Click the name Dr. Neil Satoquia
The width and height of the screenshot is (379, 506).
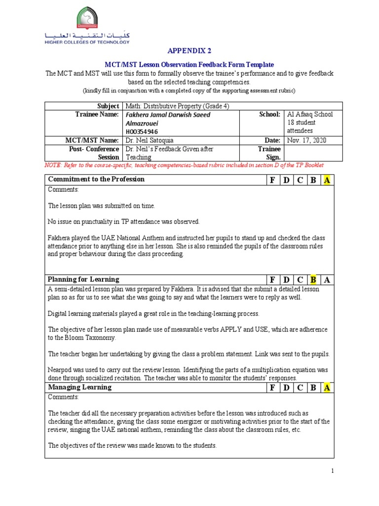click(x=149, y=140)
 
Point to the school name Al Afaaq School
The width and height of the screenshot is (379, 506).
click(x=310, y=114)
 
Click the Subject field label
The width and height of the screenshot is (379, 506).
click(x=109, y=106)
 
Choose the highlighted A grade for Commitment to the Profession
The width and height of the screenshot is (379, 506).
click(x=326, y=180)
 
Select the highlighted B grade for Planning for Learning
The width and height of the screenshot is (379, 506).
click(x=313, y=280)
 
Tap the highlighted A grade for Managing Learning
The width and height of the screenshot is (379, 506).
click(x=326, y=388)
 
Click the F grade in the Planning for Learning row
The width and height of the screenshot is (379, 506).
click(x=271, y=280)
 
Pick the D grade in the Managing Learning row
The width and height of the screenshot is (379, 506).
click(x=286, y=388)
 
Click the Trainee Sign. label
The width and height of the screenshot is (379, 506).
click(x=269, y=153)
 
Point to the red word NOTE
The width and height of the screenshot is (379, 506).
click(x=53, y=165)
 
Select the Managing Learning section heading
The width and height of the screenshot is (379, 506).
click(x=79, y=387)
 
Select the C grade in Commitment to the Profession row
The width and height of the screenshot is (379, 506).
click(x=299, y=180)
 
